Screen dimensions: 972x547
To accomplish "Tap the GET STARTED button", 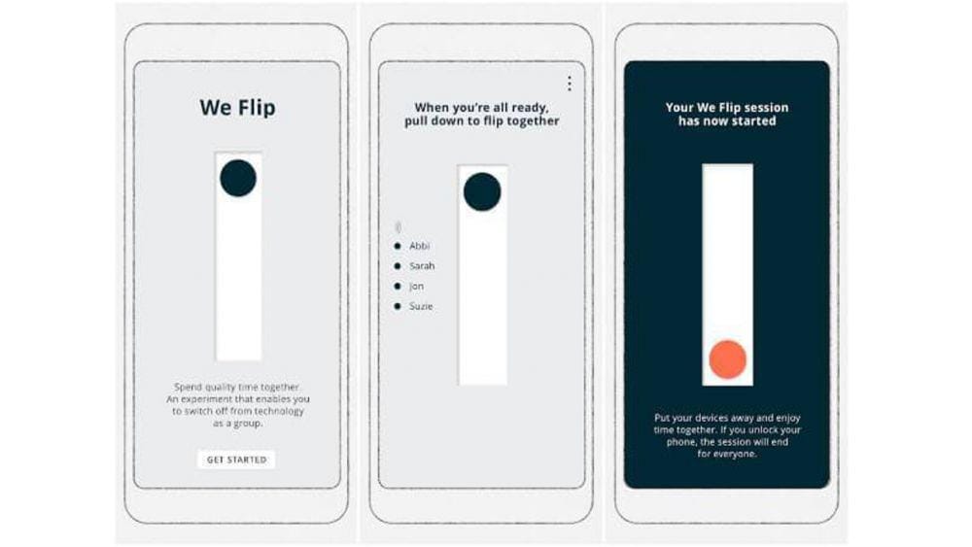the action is [237, 460].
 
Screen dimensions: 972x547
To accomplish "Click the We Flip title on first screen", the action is [238, 108].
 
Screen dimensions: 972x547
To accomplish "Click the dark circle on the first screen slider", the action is [238, 179].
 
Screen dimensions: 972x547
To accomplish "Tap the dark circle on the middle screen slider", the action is [482, 192].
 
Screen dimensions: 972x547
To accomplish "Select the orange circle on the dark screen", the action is [728, 359].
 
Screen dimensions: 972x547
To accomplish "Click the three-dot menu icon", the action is [569, 84].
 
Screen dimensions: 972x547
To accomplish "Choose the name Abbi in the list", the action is [420, 246].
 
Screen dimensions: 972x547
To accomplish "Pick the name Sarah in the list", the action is [422, 266].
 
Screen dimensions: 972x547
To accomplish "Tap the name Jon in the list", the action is [417, 287].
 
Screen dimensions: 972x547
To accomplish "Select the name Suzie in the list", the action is [421, 306].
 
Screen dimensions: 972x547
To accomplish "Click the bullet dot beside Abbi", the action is [398, 246].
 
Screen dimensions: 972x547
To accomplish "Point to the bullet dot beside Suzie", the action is [398, 306].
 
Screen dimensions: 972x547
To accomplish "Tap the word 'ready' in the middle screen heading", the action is [529, 108].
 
